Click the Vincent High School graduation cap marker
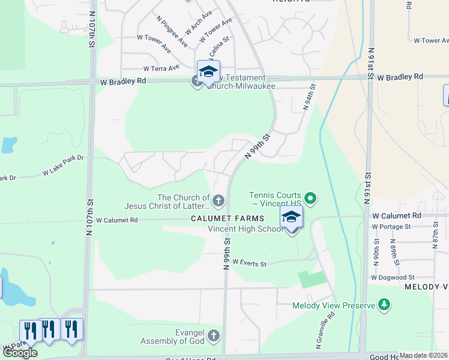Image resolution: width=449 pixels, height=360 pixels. point(291,217)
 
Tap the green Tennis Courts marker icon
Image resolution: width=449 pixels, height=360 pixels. point(310,197)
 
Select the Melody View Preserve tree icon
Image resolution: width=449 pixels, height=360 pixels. point(384,305)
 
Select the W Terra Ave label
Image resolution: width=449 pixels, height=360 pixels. point(161,68)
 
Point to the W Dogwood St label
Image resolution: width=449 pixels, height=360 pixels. point(393,277)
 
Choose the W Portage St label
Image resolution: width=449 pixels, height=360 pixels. point(391,227)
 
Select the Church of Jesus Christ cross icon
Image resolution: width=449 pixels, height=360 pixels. point(218,200)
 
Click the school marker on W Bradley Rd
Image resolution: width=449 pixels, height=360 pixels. point(208,71)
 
